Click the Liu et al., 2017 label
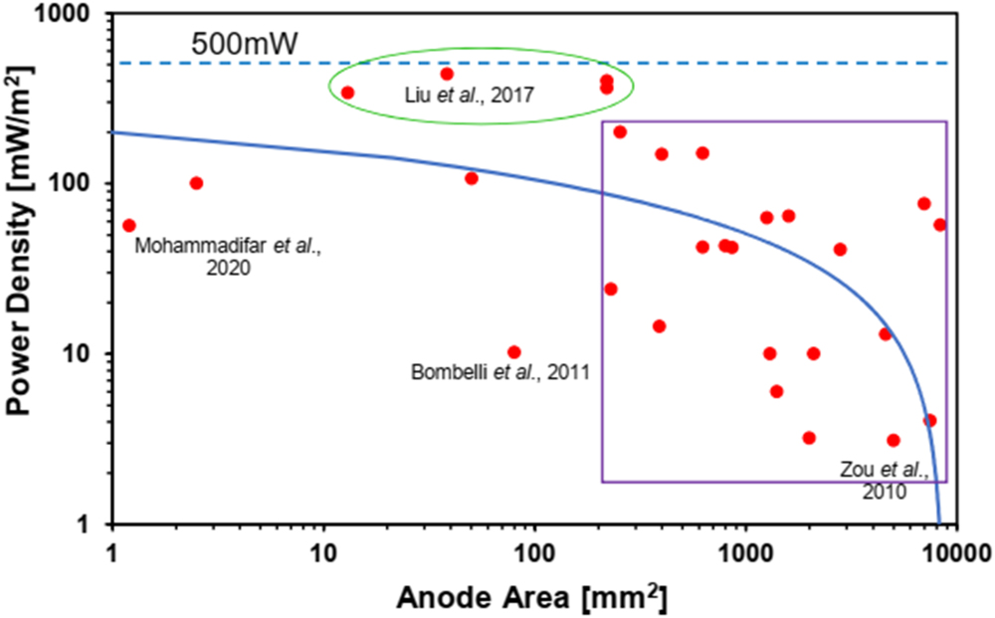[x=471, y=97]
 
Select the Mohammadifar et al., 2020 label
[x=227, y=256]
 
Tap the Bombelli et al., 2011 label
[x=500, y=373]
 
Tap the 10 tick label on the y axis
[x=81, y=354]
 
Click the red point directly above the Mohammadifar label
[x=128, y=226]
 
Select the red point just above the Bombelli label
[x=513, y=352]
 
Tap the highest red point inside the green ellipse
[x=447, y=74]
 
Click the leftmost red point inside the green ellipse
[x=347, y=93]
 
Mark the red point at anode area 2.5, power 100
[x=196, y=183]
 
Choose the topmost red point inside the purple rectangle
[x=620, y=131]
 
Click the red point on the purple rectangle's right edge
[x=939, y=225]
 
